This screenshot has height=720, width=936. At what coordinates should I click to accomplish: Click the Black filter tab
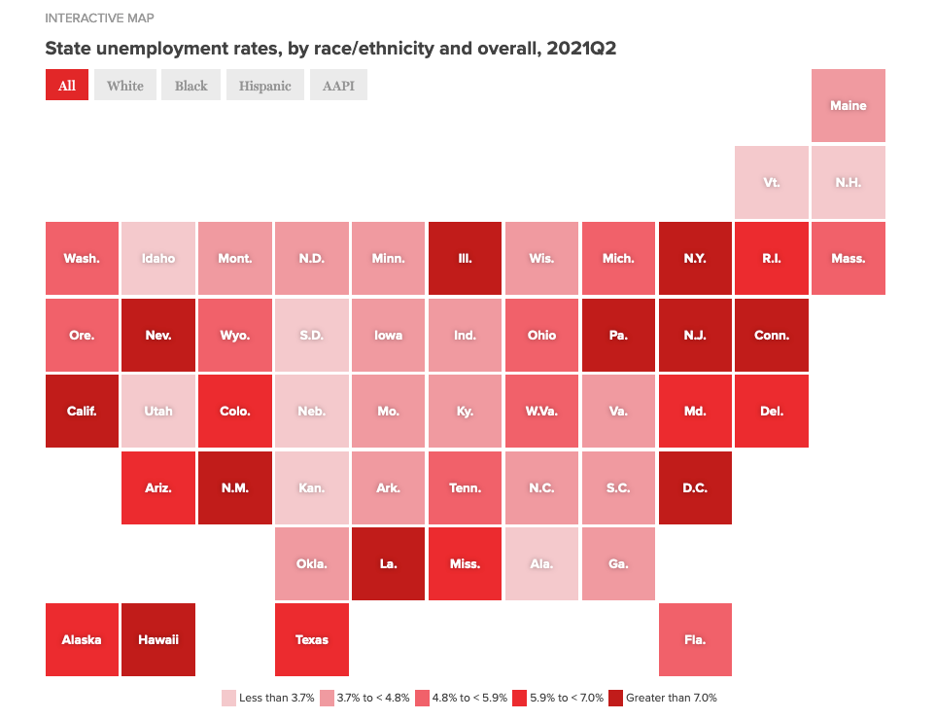(191, 86)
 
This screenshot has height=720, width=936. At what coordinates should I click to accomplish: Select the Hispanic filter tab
(264, 86)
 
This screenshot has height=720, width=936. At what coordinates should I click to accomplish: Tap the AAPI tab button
(338, 86)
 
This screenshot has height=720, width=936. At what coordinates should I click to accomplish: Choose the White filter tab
(125, 86)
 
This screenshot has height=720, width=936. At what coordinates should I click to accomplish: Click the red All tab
(67, 86)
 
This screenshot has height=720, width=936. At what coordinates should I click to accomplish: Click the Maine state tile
(848, 105)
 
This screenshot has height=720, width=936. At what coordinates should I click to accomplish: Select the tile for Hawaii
(158, 639)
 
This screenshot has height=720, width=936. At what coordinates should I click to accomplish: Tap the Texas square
(312, 639)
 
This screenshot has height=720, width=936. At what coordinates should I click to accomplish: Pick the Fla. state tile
(695, 639)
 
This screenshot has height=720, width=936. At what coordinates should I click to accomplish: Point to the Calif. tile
(82, 411)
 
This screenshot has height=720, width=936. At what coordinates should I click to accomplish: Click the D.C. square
(695, 487)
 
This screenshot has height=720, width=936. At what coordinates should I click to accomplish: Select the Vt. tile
(772, 182)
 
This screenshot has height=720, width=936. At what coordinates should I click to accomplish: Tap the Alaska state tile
(82, 639)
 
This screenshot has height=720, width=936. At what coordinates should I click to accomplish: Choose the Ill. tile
(465, 258)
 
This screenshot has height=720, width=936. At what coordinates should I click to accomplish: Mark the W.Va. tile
(541, 411)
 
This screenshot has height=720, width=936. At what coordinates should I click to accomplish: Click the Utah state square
(158, 411)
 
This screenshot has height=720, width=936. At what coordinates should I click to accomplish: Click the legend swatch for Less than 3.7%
(228, 698)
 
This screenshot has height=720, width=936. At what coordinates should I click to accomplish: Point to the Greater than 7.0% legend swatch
(615, 698)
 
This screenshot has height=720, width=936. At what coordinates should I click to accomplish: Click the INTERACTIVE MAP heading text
(99, 18)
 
